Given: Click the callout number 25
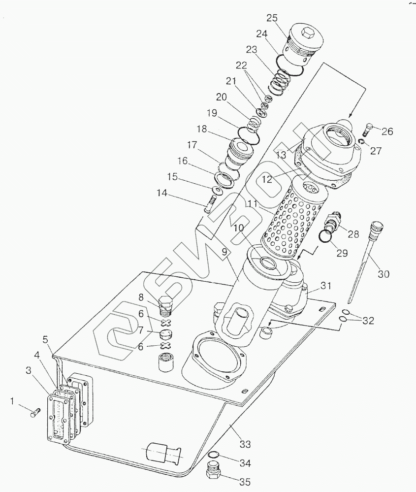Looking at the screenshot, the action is (272, 18).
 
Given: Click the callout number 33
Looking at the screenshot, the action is (245, 444).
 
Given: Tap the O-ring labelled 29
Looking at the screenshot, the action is (325, 236).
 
